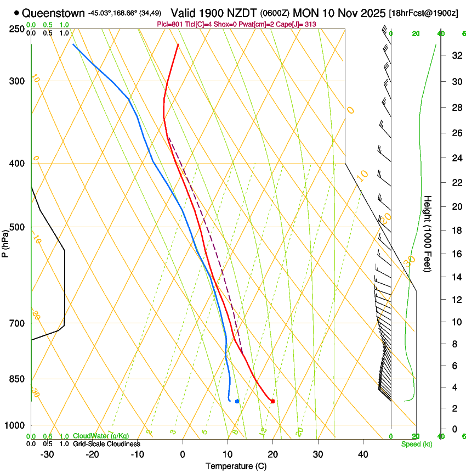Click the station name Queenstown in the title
(54, 13)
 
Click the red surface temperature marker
(272, 401)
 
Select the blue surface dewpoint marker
(237, 401)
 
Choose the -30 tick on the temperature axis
(47, 454)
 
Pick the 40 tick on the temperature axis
(363, 454)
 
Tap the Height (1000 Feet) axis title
(428, 234)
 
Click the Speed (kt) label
(416, 444)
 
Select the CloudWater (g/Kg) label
(101, 436)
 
